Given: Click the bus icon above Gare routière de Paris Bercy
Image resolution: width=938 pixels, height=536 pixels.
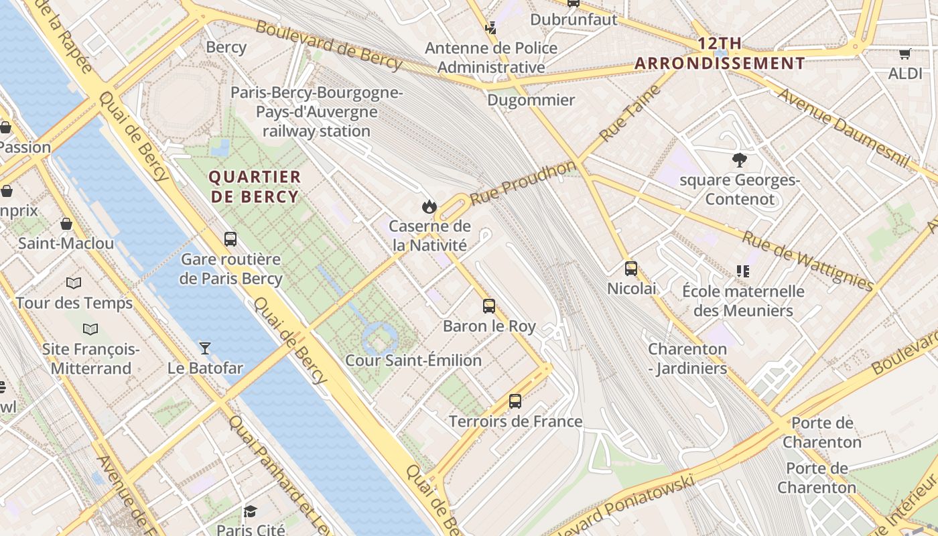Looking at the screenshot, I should (230, 239).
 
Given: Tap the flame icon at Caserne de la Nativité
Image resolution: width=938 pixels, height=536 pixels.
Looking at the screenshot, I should (429, 206).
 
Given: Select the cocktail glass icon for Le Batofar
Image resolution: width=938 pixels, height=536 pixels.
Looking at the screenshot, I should (205, 348).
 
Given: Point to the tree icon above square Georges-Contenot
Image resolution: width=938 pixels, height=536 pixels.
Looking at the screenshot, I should (740, 160).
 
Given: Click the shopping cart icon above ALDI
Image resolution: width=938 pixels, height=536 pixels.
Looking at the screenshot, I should (905, 54).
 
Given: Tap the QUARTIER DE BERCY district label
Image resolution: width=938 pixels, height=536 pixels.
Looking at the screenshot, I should (254, 187).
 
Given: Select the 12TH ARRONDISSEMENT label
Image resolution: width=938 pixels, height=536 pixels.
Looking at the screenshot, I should (720, 54).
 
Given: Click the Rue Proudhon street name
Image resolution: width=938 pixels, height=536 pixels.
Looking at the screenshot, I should (523, 182).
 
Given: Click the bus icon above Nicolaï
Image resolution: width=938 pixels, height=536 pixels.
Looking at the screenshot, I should (631, 269).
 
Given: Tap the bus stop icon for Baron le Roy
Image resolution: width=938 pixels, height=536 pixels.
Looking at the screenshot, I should (489, 306).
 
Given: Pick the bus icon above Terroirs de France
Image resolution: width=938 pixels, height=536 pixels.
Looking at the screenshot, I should (515, 401).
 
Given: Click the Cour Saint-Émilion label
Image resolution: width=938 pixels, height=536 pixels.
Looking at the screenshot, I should (413, 360).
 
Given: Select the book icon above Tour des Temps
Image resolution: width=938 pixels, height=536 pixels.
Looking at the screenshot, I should (74, 283).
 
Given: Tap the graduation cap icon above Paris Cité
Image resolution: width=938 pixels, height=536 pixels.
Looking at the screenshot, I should (251, 511).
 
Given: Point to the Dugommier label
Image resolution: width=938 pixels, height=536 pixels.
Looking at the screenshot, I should (531, 100).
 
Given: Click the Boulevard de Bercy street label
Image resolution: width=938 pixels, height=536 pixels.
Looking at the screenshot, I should (328, 46).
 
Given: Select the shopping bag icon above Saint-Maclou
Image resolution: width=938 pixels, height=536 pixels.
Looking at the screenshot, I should (66, 224).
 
